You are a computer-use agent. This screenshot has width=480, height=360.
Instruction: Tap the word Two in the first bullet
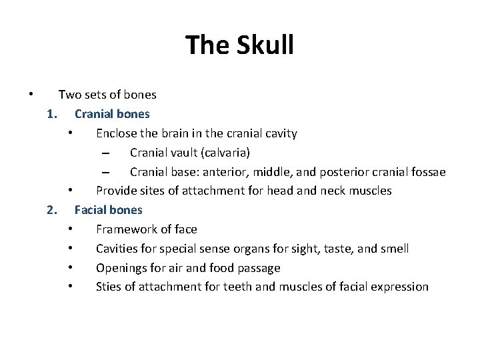[x=69, y=95]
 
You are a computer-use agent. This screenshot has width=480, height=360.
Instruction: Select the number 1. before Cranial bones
[x=53, y=114]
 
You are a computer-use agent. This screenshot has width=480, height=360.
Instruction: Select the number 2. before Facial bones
[x=53, y=210]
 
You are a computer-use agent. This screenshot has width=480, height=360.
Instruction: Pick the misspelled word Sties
[x=109, y=287]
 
